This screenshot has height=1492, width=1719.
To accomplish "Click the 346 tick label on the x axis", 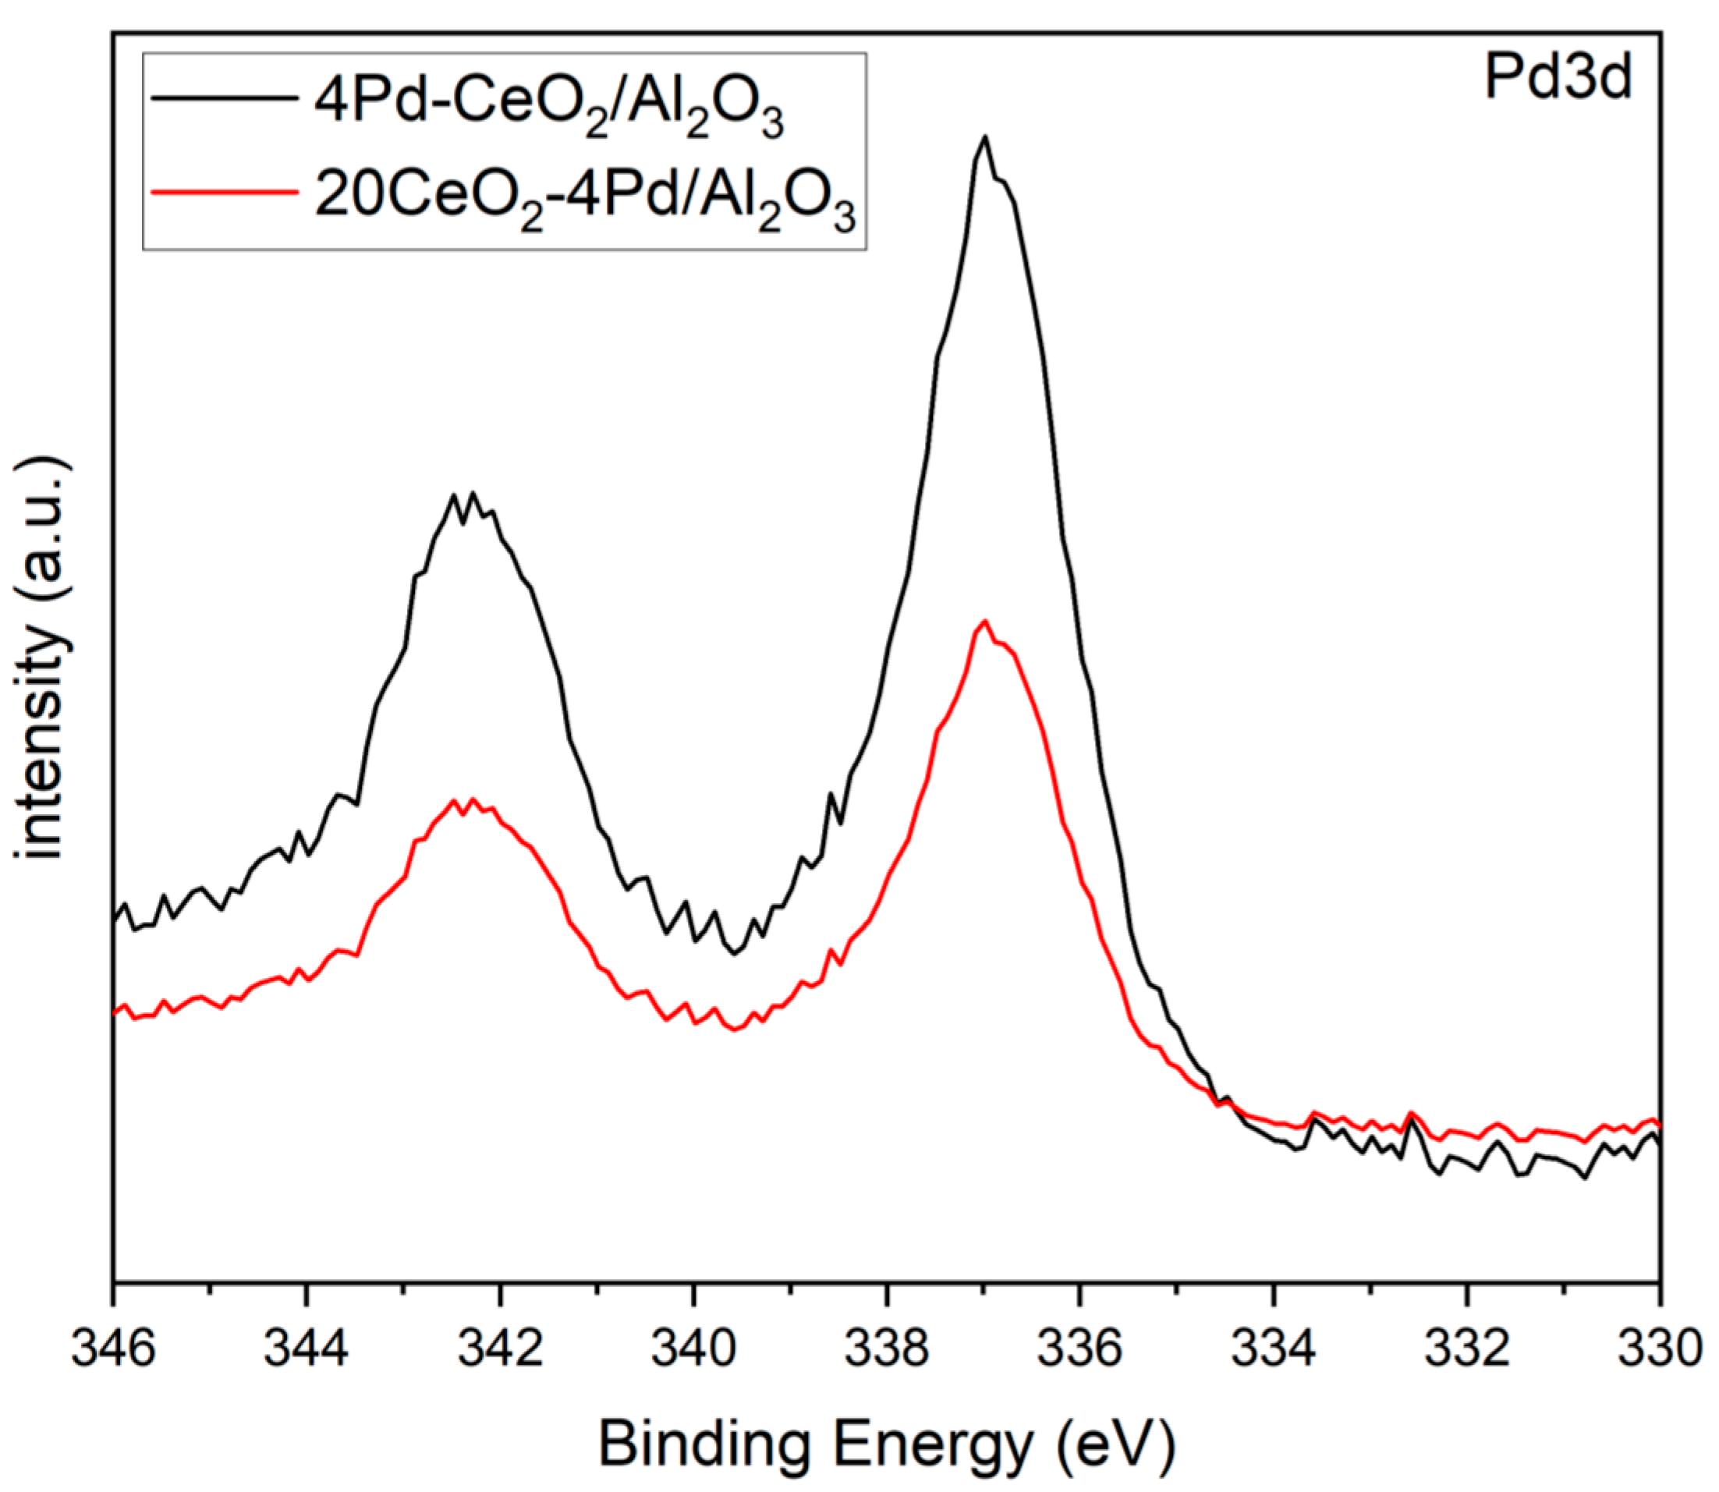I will (x=113, y=1349).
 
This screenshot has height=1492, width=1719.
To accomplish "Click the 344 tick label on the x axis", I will (x=307, y=1349).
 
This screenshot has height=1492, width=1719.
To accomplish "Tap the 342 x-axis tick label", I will (x=500, y=1349).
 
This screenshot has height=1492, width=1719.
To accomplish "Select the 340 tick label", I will (x=693, y=1349).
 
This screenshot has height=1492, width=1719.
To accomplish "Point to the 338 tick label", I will (x=887, y=1349).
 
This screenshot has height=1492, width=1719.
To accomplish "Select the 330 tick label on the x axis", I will (x=1658, y=1349).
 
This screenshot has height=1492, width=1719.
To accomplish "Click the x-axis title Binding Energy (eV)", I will (x=887, y=1444).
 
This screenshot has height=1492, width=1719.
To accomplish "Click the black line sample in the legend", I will (x=224, y=97).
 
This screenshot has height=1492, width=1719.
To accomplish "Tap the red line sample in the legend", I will (x=224, y=192).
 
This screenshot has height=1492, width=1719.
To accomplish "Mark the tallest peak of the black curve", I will (x=985, y=137).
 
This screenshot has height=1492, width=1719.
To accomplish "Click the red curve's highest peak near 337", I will (x=985, y=621).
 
